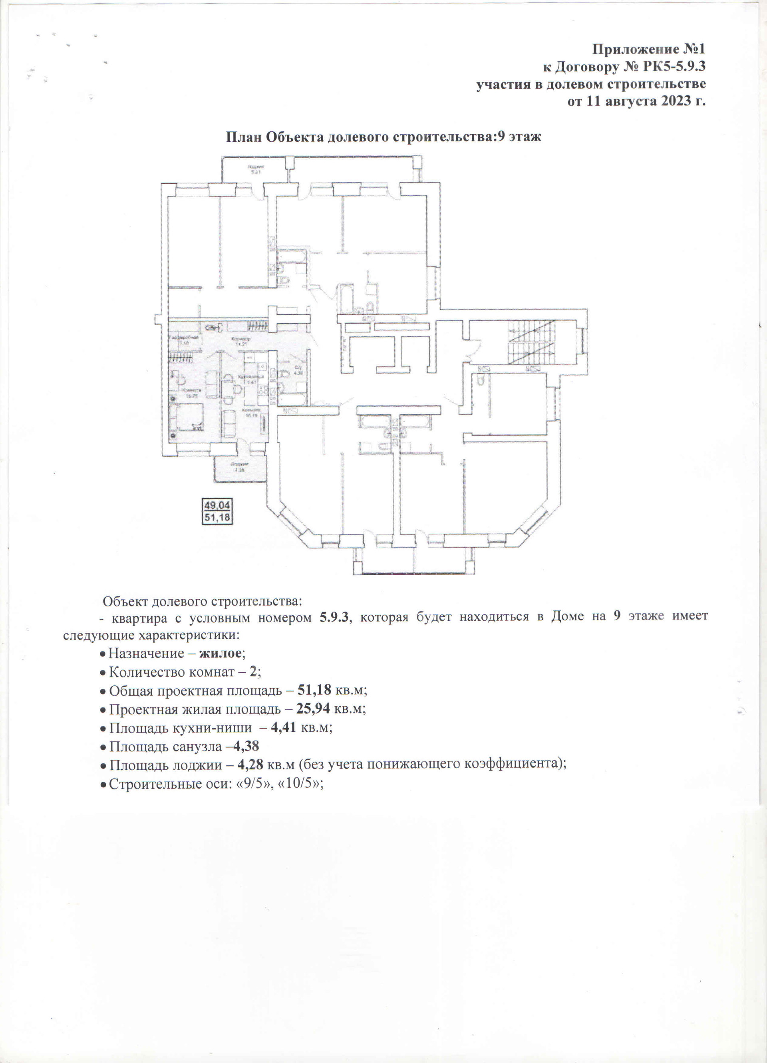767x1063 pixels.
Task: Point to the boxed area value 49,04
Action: pos(217,506)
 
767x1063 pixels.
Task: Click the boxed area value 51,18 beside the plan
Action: pos(217,517)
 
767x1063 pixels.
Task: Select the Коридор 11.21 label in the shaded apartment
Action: pos(241,341)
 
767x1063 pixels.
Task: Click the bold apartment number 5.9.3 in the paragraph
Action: pos(334,617)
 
